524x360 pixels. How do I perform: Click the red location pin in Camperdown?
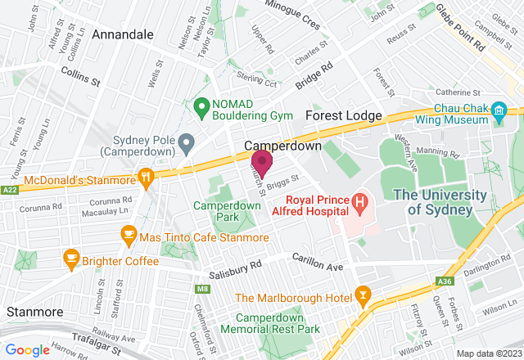(x=261, y=163)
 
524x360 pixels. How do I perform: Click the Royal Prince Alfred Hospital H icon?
(x=358, y=201)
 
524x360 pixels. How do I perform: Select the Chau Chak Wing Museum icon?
(x=498, y=110)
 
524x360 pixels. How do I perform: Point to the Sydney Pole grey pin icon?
(x=186, y=145)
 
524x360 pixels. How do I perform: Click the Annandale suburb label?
(x=123, y=35)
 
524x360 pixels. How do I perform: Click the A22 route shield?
(x=9, y=189)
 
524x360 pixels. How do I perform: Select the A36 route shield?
(x=445, y=281)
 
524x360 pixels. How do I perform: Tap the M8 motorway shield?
(x=202, y=289)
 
